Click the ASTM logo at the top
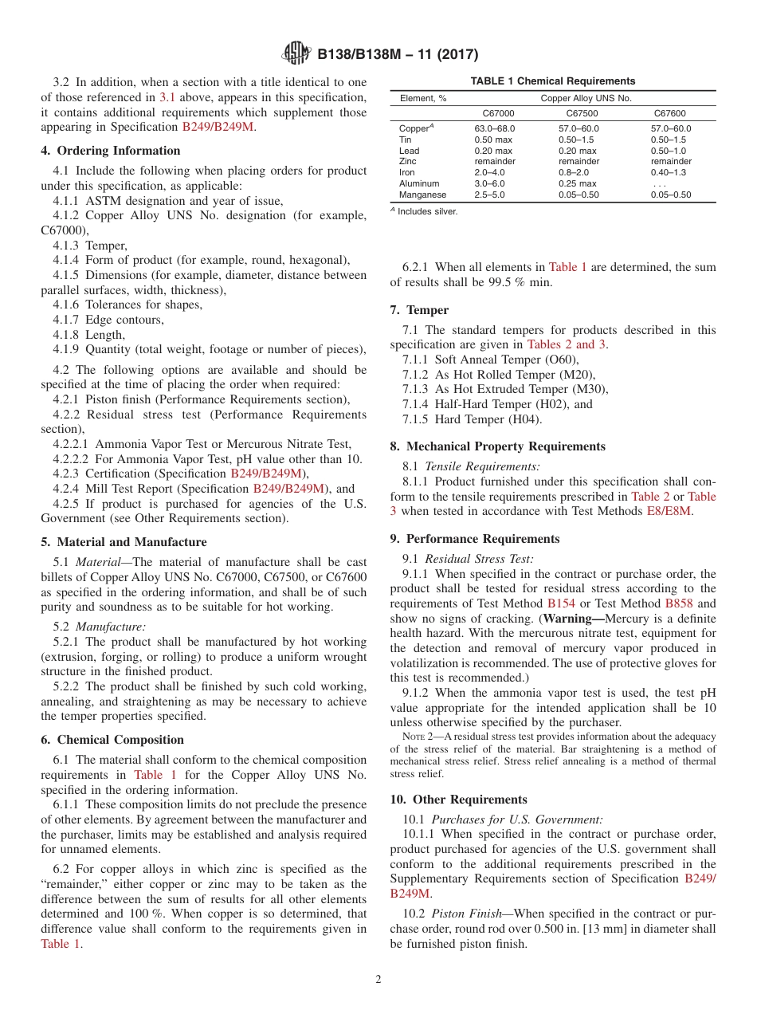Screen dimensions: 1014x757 [296, 54]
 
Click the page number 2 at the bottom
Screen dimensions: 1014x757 [378, 980]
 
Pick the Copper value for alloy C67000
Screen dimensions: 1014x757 [495, 128]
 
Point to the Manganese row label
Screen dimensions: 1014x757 [422, 195]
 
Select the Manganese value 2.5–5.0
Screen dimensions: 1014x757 [489, 195]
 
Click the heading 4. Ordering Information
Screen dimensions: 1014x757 [111, 151]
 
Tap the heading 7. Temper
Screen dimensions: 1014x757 [419, 310]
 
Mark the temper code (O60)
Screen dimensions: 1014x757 [561, 360]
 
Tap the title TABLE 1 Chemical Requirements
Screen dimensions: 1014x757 [552, 81]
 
